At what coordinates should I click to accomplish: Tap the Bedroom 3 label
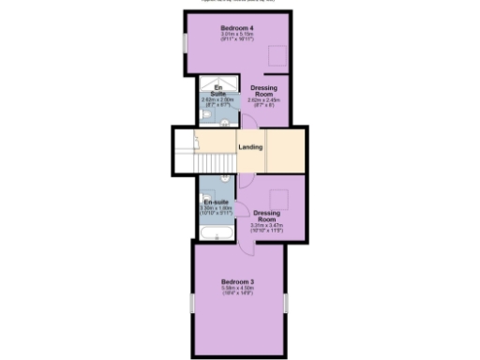tap(238, 282)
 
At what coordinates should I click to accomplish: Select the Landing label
tap(249, 147)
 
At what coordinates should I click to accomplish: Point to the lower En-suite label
tap(217, 202)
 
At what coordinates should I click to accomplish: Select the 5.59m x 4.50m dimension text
tap(238, 289)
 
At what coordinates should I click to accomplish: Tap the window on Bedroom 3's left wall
tap(191, 307)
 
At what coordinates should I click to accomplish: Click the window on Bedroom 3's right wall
tap(287, 307)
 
